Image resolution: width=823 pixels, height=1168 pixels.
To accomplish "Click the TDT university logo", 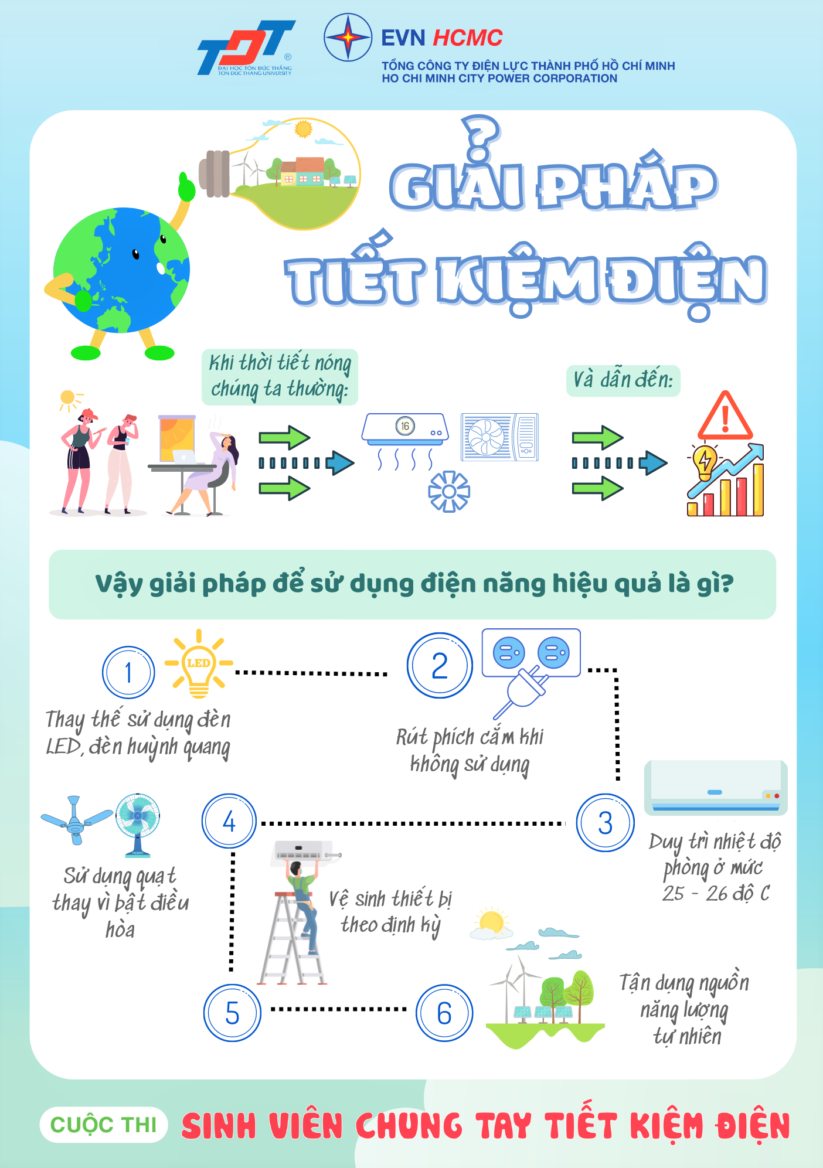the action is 246,48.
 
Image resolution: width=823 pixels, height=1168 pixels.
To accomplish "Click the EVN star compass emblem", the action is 348,38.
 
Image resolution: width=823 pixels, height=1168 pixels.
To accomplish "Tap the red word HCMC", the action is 467,38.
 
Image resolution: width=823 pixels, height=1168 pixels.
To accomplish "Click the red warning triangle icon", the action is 725,416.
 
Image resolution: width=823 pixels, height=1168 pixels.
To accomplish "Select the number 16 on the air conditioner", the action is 405,426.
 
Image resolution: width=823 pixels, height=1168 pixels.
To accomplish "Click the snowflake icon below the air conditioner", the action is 449,491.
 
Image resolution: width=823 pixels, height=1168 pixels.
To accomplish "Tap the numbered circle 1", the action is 128,672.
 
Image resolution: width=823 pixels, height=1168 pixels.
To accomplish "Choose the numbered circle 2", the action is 440,666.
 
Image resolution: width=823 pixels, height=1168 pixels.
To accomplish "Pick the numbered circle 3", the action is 606,823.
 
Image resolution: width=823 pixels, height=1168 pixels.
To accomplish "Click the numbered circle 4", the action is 229,821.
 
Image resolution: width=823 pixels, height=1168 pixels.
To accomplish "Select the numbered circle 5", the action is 232,1013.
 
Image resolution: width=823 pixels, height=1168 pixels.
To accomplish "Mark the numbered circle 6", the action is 444,1013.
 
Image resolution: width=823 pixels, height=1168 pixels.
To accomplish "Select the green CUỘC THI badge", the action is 104,1125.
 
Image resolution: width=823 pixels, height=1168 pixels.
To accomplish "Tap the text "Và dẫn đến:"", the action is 623,380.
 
